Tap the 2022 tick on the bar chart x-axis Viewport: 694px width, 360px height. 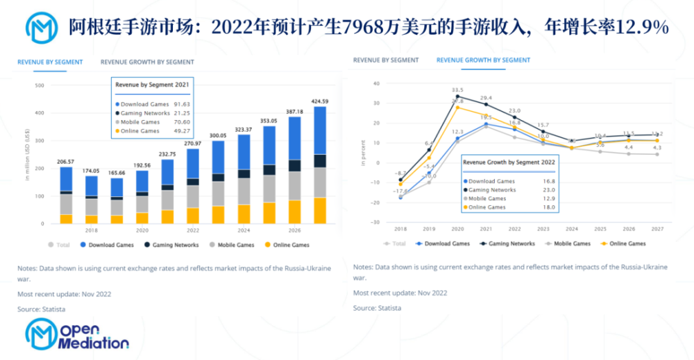coord(192,230)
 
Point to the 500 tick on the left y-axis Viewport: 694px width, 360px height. coord(40,86)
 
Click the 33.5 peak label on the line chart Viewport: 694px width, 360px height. coord(457,90)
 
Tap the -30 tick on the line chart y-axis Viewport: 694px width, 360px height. coord(375,223)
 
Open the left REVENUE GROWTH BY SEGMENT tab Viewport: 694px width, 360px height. coord(147,62)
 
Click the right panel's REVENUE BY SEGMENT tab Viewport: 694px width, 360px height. coord(386,60)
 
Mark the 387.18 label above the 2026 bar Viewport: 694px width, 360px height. coord(294,112)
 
